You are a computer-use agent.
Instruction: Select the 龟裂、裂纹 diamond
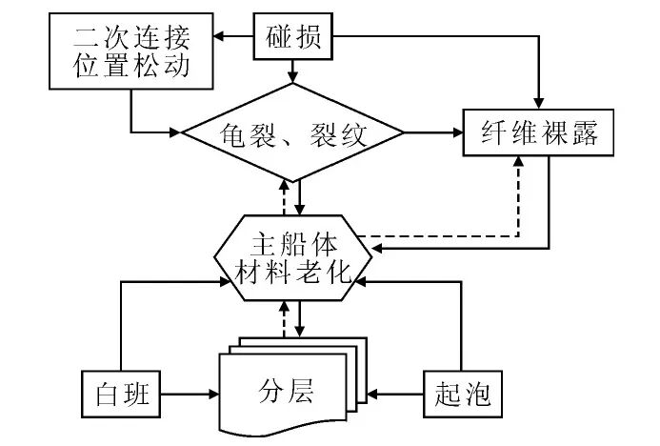click(296, 133)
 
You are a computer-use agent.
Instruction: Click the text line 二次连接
click(130, 40)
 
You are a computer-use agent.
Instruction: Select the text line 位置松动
click(130, 68)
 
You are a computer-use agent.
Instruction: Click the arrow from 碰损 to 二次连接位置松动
click(233, 39)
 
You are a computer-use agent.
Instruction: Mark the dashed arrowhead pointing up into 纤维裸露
click(519, 164)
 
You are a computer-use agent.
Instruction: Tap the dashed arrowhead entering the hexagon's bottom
click(285, 309)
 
